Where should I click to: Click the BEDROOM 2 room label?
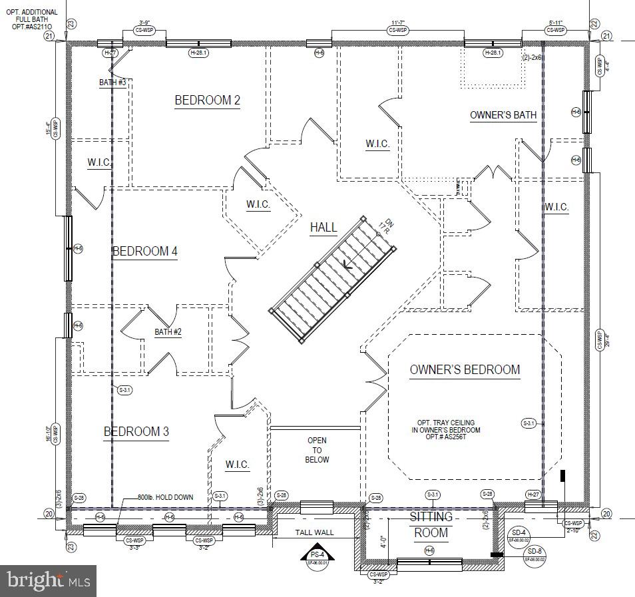207,100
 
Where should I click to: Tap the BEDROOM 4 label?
145,252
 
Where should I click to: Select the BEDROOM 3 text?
136,432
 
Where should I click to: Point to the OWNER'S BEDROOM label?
465,370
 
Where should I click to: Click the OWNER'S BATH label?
503,115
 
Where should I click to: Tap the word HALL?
323,228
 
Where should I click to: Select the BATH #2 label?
168,331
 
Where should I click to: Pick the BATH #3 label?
112,82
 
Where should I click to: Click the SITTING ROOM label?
431,524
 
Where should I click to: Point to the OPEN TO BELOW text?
317,450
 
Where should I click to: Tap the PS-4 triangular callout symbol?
316,555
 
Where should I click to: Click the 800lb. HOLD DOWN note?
165,497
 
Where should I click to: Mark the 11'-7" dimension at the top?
399,23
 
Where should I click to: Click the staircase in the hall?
335,278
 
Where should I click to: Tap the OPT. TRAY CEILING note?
445,430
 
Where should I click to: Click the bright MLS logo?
48,581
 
